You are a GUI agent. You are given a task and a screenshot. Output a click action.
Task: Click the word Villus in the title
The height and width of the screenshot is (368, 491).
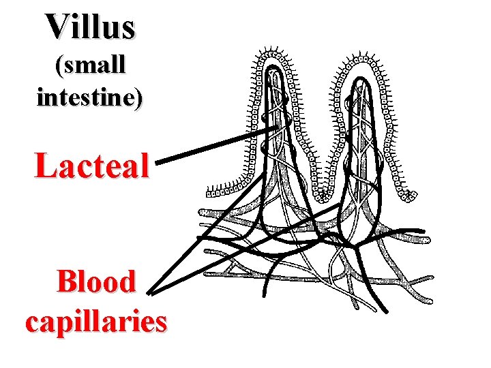click(91, 26)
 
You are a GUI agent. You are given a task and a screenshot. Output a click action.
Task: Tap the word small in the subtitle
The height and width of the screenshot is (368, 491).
click(93, 65)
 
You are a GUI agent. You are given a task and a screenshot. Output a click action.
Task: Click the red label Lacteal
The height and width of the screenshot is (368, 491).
click(91, 165)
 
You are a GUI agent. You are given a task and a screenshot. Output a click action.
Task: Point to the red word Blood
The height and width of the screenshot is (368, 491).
click(96, 281)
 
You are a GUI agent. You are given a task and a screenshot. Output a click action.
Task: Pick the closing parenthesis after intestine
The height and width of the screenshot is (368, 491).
click(140, 99)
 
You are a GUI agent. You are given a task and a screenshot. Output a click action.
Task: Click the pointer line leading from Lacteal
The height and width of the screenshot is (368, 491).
click(218, 144)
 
